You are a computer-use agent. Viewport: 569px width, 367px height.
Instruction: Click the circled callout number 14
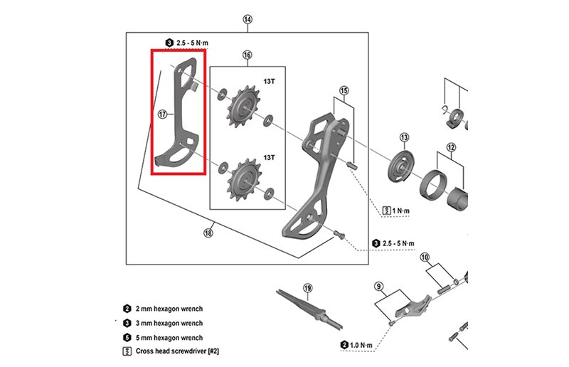[247, 19]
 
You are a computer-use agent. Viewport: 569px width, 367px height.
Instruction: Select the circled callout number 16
[247, 55]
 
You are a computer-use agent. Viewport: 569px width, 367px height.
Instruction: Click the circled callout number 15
[344, 91]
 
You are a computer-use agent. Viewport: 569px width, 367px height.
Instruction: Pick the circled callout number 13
[404, 137]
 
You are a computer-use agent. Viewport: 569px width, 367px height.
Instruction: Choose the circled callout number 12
[450, 148]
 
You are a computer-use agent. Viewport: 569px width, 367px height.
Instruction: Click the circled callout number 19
[307, 288]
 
